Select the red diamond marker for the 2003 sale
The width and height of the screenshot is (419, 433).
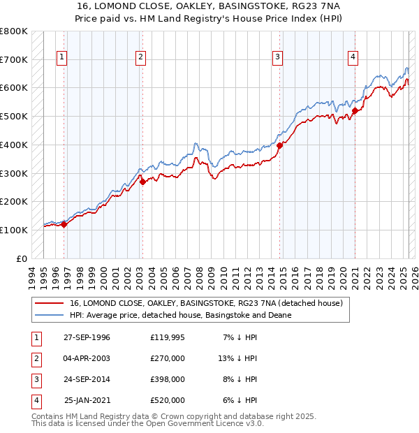pos(142,182)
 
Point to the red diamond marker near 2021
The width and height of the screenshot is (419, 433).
pos(355,110)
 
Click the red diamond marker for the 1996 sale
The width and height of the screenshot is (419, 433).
pos(64,224)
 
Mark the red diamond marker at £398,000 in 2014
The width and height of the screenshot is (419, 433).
pos(279,145)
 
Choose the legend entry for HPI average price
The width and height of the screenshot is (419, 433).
pos(180,316)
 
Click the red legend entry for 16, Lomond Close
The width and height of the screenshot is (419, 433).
pos(206,304)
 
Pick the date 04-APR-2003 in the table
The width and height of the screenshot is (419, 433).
pos(87,358)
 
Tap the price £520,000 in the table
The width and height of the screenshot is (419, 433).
pos(167,400)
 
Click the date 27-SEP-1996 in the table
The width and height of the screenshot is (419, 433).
pos(87,337)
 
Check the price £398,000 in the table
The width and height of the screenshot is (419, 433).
pos(167,379)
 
